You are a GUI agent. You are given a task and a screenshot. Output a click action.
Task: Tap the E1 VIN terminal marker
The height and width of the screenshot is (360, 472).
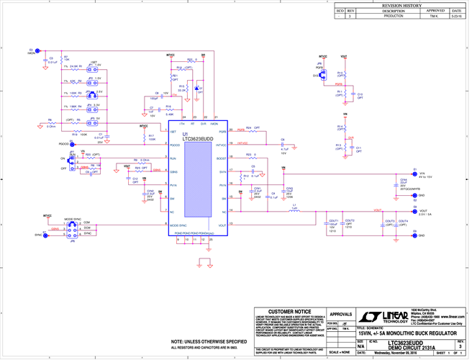click(414, 173)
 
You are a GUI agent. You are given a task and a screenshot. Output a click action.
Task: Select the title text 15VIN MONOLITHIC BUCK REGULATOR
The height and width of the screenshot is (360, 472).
click(407, 333)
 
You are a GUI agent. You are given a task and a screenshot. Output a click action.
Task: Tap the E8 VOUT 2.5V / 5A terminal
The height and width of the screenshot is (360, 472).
click(414, 210)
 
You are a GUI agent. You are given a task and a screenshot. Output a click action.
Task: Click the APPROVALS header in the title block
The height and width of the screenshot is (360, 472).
click(341, 315)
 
